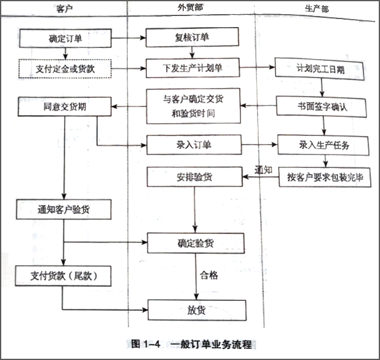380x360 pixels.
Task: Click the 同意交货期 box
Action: tap(65, 106)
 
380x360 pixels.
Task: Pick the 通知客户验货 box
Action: tap(65, 210)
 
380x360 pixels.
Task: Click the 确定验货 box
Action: tap(195, 243)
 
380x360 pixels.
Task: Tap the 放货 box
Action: tap(196, 309)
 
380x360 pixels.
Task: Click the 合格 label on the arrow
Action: tap(209, 275)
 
